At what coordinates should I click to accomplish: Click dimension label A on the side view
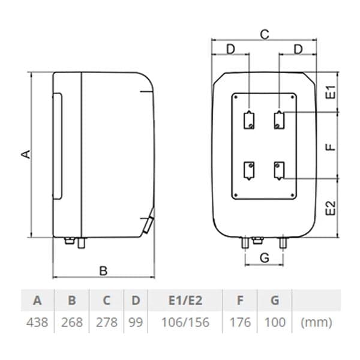click(25, 154)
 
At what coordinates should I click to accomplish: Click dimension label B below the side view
click(103, 271)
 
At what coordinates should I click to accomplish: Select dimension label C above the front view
click(264, 34)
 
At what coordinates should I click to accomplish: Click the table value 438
click(38, 322)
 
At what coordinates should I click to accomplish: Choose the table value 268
click(73, 322)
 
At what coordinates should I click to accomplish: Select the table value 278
click(107, 322)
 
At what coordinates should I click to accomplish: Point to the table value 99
click(136, 322)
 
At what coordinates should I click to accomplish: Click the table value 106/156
click(185, 322)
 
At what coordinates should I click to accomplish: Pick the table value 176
click(241, 322)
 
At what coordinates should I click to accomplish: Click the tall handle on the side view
click(58, 146)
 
